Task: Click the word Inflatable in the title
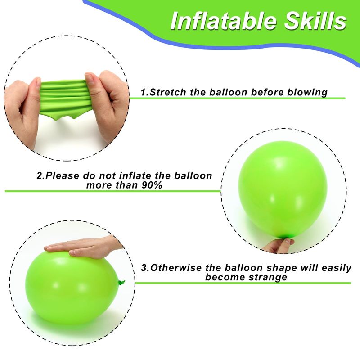(223, 21)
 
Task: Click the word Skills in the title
(315, 21)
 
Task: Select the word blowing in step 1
(307, 93)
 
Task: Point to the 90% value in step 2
(152, 185)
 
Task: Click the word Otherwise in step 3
(175, 268)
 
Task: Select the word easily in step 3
(337, 268)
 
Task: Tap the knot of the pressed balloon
(121, 283)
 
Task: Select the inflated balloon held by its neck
(283, 190)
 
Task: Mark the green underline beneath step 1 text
(237, 98)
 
